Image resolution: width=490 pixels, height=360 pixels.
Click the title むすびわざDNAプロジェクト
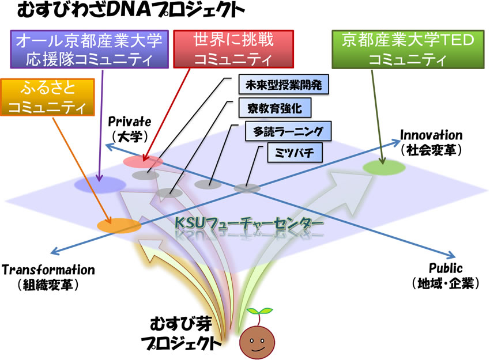click(131, 11)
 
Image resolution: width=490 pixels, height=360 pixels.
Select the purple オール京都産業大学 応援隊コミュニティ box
click(89, 50)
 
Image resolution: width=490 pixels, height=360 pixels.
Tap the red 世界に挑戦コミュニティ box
click(233, 49)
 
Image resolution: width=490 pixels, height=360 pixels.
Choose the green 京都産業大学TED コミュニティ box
click(408, 50)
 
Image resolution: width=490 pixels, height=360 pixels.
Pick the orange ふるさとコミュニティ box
click(47, 97)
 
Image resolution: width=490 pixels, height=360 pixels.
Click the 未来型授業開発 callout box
click(284, 84)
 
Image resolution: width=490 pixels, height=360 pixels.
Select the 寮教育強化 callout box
click(275, 108)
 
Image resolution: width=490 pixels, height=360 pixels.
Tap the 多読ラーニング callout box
click(288, 131)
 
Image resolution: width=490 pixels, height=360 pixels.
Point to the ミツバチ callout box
click(295, 153)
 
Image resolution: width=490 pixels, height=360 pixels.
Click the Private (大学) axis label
click(130, 130)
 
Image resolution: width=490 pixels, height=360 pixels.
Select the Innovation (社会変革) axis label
click(431, 142)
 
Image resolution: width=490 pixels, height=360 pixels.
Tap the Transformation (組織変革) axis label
click(48, 277)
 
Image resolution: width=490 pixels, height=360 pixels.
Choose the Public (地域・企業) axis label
click(446, 276)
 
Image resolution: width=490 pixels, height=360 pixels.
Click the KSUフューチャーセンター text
click(248, 223)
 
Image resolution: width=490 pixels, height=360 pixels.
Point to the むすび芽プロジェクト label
click(181, 334)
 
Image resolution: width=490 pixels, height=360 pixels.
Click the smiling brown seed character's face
click(257, 342)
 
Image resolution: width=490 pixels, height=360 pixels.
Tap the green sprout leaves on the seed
click(259, 311)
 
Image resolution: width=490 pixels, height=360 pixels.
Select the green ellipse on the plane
click(384, 168)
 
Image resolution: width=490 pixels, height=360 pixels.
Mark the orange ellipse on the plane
click(119, 225)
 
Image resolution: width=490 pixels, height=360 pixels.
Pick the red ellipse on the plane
click(143, 161)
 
